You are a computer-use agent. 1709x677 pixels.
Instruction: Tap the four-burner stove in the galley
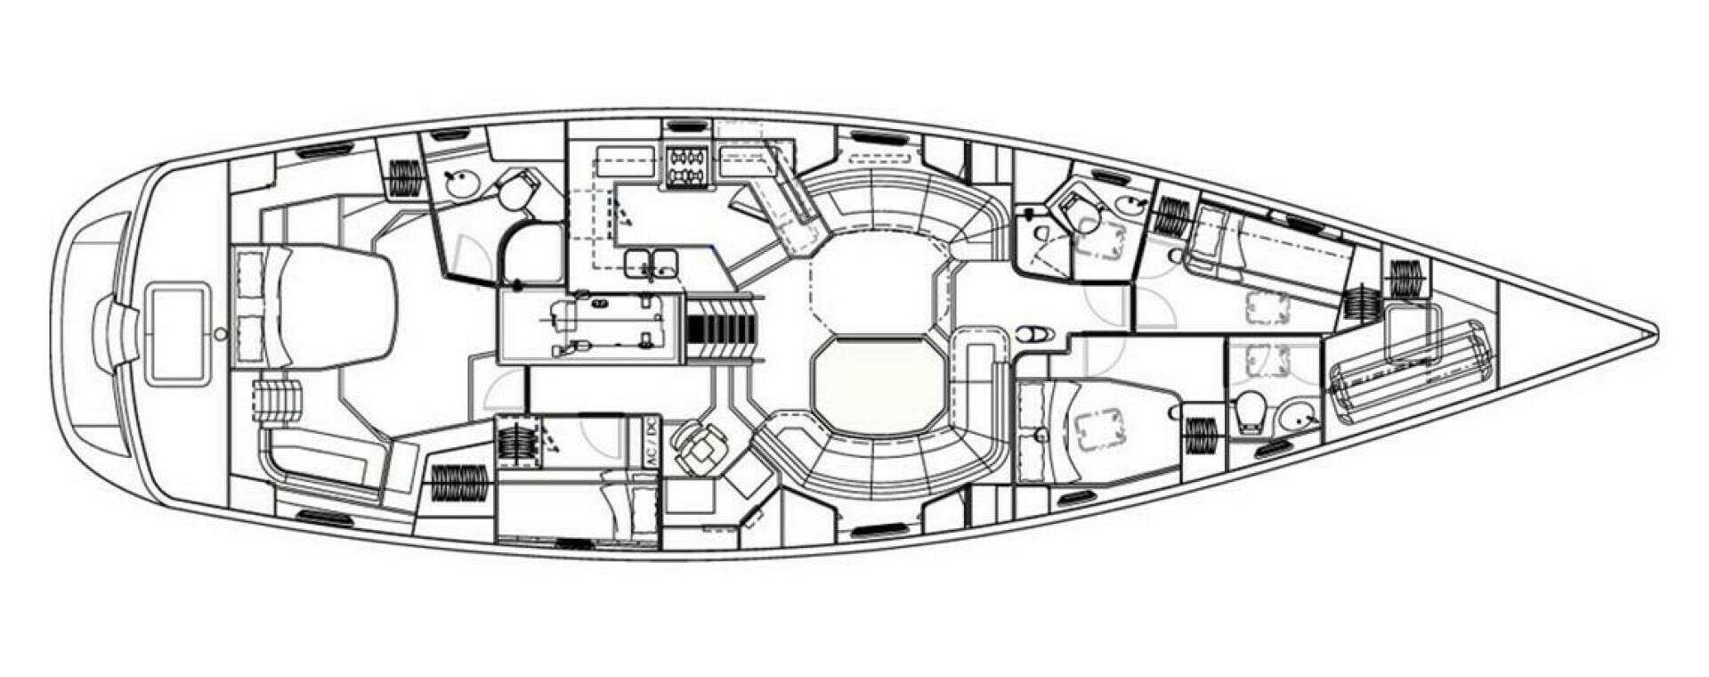tap(687, 167)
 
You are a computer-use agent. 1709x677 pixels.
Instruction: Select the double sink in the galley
tap(651, 263)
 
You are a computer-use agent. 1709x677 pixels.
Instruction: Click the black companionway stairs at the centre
tap(720, 317)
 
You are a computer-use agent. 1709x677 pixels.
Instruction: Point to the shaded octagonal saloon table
tap(878, 384)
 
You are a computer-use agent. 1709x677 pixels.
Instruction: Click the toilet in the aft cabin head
tap(517, 191)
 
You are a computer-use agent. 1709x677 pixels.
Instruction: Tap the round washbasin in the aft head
tap(462, 184)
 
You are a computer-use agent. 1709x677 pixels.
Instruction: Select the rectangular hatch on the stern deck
tap(178, 333)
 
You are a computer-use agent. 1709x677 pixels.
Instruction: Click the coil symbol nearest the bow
tap(1406, 279)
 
